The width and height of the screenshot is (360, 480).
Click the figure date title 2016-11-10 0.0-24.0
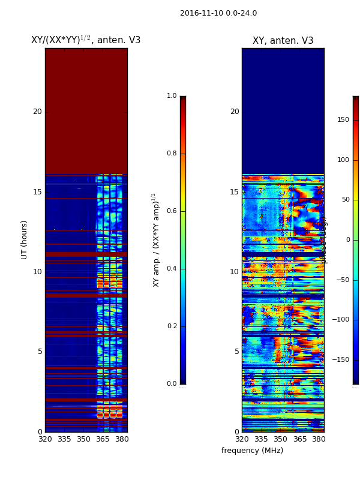[218, 13]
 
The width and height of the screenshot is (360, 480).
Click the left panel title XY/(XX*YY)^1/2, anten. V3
[86, 40]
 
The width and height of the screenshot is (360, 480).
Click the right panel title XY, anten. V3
[283, 41]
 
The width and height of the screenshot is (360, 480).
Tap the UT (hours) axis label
[25, 239]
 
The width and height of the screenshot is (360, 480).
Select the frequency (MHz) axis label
[252, 451]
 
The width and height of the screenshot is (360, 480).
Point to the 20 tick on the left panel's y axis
[37, 112]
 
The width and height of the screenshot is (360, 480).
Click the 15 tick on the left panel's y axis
[37, 192]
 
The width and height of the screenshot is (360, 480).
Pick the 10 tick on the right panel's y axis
[234, 272]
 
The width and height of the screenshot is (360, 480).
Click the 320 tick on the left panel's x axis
[45, 439]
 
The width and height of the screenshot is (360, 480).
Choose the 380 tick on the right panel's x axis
[319, 439]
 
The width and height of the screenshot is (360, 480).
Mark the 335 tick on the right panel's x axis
[261, 439]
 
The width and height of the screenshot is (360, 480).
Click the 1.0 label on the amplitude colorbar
[172, 96]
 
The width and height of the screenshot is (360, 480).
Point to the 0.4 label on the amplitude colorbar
[172, 269]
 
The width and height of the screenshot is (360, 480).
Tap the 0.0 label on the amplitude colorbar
[172, 384]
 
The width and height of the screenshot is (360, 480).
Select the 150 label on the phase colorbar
[343, 120]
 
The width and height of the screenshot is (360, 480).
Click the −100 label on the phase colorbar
[342, 320]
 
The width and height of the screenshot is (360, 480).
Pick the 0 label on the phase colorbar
[347, 240]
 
